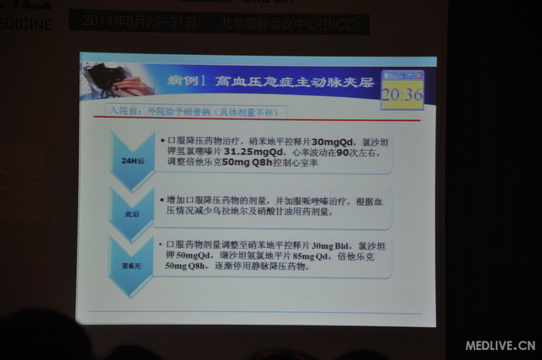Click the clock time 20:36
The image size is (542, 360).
click(401, 94)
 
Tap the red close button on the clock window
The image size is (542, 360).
click(418, 75)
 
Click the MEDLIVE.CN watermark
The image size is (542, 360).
click(500, 345)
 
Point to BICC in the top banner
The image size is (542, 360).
click(344, 21)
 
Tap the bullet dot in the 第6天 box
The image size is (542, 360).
click(160, 245)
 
